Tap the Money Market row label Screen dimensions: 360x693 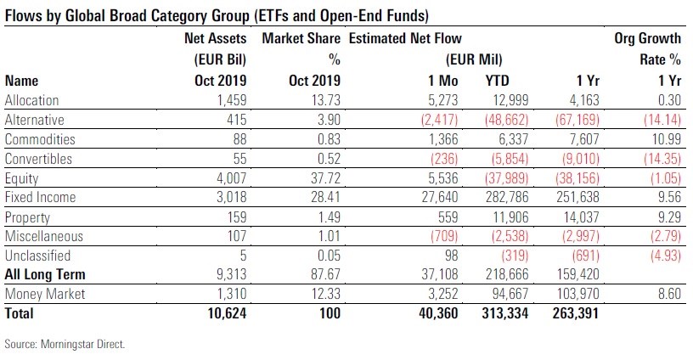(x=42, y=294)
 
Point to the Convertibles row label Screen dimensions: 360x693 (x=39, y=159)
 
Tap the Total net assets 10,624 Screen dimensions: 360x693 (x=225, y=313)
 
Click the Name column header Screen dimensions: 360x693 (x=22, y=82)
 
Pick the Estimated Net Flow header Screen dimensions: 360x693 (x=406, y=39)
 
